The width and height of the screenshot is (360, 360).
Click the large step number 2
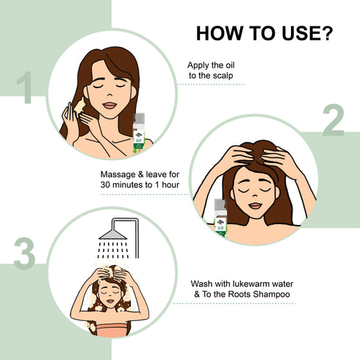332,122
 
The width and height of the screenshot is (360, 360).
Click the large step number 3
24,253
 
